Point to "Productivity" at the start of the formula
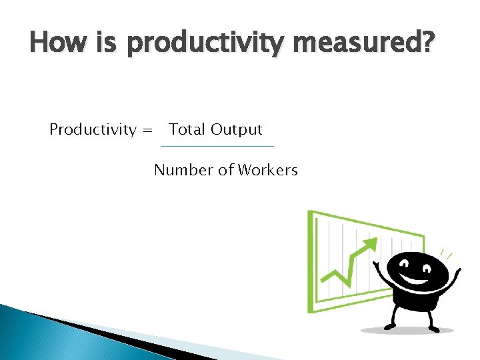[93, 129]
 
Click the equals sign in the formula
[147, 130]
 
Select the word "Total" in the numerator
[187, 129]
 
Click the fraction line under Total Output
[217, 146]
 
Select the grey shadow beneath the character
[407, 330]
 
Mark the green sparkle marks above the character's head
[445, 254]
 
